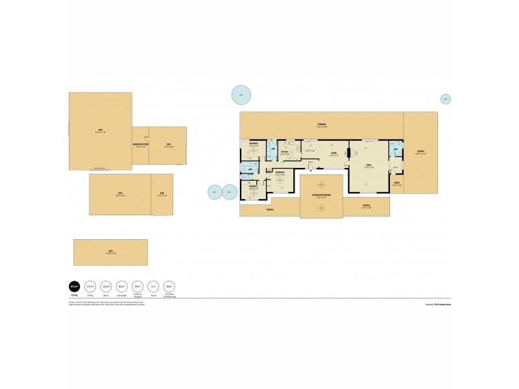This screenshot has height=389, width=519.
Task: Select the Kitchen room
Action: pos(285,153)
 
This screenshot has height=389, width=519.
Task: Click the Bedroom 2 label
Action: pos(280,173)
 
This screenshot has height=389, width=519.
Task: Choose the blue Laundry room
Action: pos(274,150)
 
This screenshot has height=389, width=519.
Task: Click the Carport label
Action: pos(420,152)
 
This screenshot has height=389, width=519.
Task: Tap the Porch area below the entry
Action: pos(397,183)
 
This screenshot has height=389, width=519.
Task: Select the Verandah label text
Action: pos(321,124)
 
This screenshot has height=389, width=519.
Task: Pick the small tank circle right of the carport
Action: pos(445,99)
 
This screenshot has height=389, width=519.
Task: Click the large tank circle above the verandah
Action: pos(241,95)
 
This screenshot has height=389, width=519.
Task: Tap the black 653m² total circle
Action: pos(74,286)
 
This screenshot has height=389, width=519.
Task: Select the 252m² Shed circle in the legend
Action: pos(105,286)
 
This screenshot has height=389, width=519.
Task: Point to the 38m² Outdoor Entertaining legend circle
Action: pos(169,286)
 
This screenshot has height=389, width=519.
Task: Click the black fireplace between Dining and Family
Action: pos(348,154)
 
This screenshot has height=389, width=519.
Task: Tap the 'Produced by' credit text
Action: pos(438,303)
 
